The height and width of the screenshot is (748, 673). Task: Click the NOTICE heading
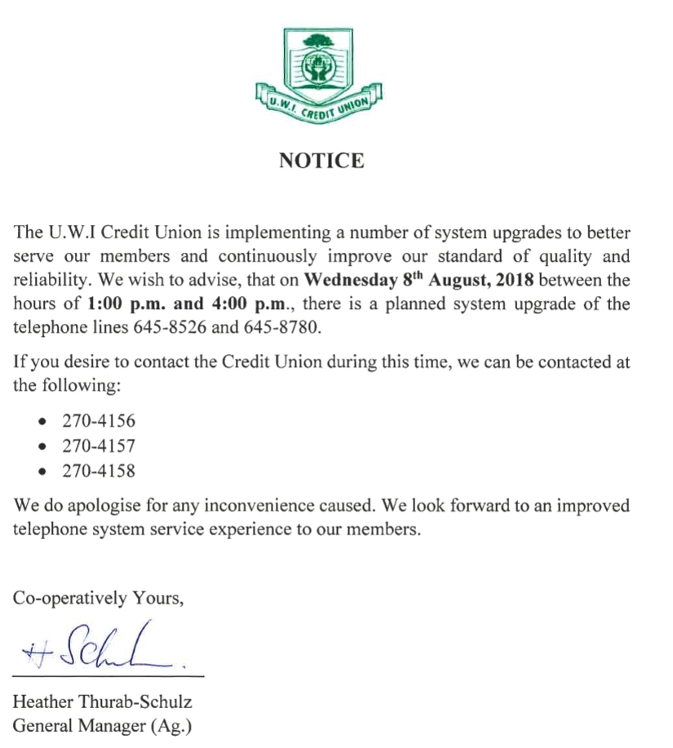(321, 161)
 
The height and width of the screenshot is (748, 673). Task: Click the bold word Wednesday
(341, 281)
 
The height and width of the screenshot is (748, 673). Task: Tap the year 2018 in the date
(514, 281)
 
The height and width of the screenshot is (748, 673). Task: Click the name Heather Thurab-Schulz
(102, 702)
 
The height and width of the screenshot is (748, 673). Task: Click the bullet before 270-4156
(42, 423)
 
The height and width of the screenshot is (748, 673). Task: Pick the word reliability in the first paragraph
(50, 281)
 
